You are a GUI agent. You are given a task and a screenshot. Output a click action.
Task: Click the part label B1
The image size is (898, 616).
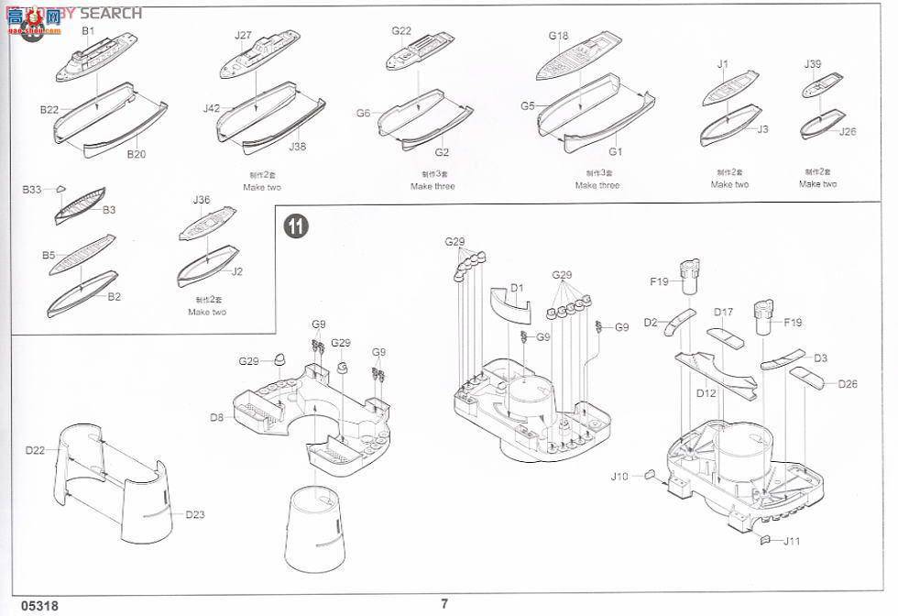click(x=89, y=31)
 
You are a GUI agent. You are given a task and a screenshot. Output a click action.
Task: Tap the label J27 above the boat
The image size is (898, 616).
click(x=242, y=36)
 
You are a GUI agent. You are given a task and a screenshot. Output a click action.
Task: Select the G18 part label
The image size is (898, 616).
click(x=558, y=37)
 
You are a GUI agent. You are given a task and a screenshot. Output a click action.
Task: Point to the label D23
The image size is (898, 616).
click(x=194, y=514)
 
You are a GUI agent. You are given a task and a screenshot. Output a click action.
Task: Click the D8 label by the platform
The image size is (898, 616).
click(x=216, y=418)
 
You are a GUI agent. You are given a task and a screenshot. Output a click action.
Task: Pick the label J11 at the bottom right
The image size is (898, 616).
click(x=792, y=541)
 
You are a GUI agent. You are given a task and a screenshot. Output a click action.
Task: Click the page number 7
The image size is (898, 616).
click(x=444, y=603)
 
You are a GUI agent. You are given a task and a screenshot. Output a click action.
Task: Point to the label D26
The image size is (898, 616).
click(x=848, y=384)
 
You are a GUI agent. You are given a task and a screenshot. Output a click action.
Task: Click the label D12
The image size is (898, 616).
click(x=706, y=393)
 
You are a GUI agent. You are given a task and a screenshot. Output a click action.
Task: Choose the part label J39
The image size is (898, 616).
click(x=813, y=64)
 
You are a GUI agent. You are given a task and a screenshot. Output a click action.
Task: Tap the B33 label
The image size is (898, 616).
click(x=32, y=190)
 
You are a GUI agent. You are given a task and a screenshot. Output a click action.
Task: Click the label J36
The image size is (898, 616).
click(x=202, y=200)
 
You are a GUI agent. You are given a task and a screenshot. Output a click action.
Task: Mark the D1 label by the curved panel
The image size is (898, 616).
click(x=517, y=289)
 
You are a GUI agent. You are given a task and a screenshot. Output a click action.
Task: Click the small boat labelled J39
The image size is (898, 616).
click(x=816, y=88)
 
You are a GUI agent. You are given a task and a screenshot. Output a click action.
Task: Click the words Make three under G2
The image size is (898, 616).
click(x=433, y=186)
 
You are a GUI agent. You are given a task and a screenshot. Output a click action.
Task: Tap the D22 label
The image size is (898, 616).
click(x=35, y=450)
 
